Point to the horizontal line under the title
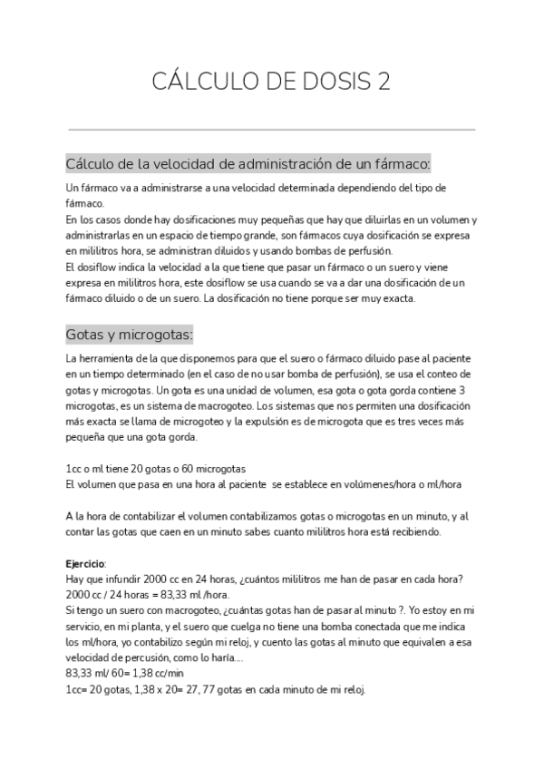pyautogui.click(x=272, y=130)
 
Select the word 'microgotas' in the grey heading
pyautogui.click(x=155, y=335)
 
